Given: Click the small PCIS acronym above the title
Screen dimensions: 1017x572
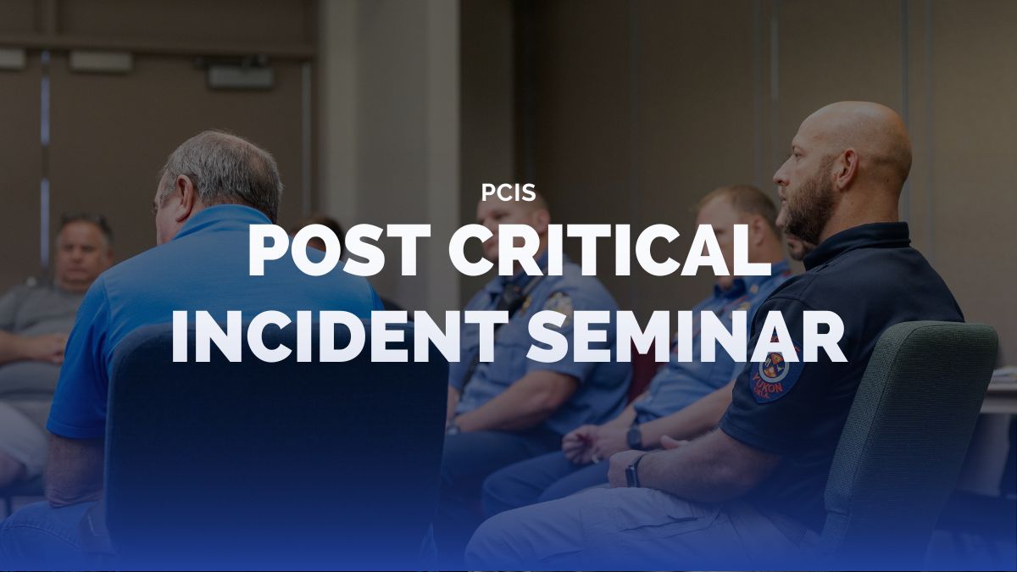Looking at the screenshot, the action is point(508,192).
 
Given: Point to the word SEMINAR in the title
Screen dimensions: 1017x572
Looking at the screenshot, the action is point(688,337).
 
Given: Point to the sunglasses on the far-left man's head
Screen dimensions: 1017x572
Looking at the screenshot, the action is point(86,219).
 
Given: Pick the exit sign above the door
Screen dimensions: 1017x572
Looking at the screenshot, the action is point(241,77).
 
